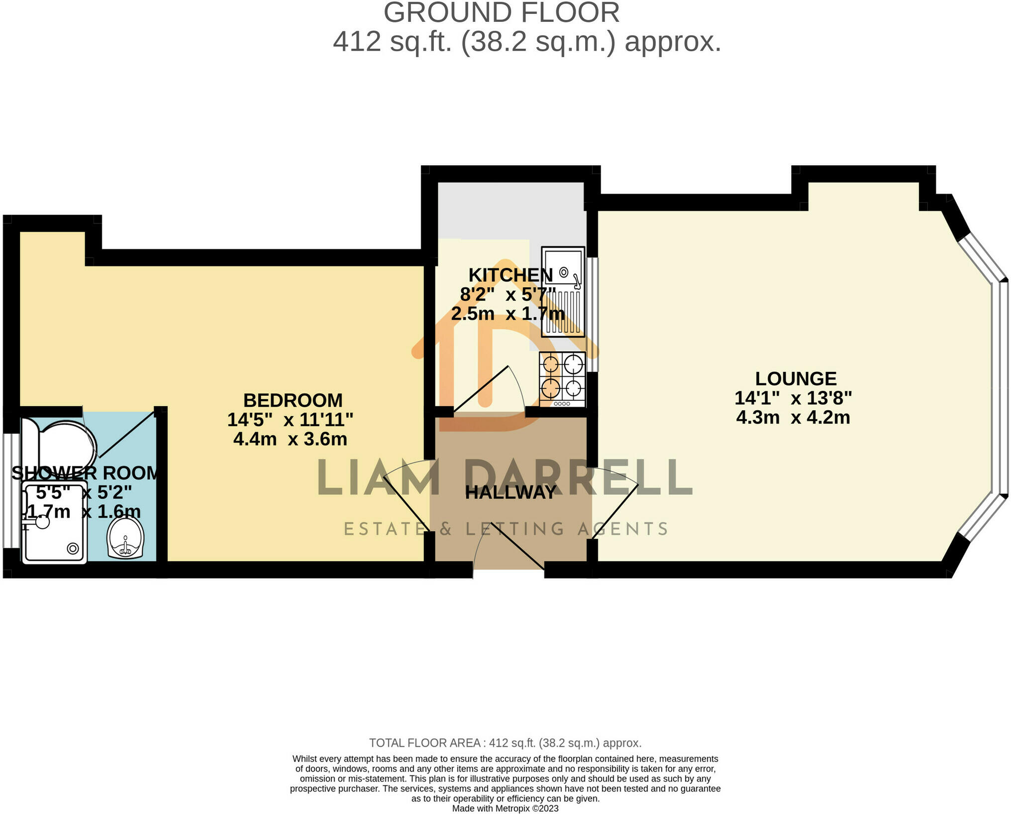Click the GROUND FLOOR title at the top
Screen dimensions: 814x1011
tap(502, 13)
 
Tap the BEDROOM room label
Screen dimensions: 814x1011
tap(293, 400)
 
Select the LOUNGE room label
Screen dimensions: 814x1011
tap(796, 379)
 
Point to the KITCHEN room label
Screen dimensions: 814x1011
tap(510, 275)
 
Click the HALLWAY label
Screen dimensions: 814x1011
tap(510, 493)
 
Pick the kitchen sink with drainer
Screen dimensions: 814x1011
tap(563, 292)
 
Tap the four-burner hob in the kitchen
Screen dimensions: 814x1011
tap(562, 379)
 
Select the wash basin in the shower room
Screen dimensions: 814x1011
tap(125, 539)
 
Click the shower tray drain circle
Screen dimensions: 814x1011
tap(73, 549)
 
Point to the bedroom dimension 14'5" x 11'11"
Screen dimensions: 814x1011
tap(290, 420)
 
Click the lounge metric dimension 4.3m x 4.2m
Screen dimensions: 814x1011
tap(793, 418)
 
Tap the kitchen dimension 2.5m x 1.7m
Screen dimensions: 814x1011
tap(507, 314)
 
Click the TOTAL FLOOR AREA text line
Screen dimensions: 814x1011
tap(505, 743)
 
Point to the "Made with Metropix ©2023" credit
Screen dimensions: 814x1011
tap(505, 809)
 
